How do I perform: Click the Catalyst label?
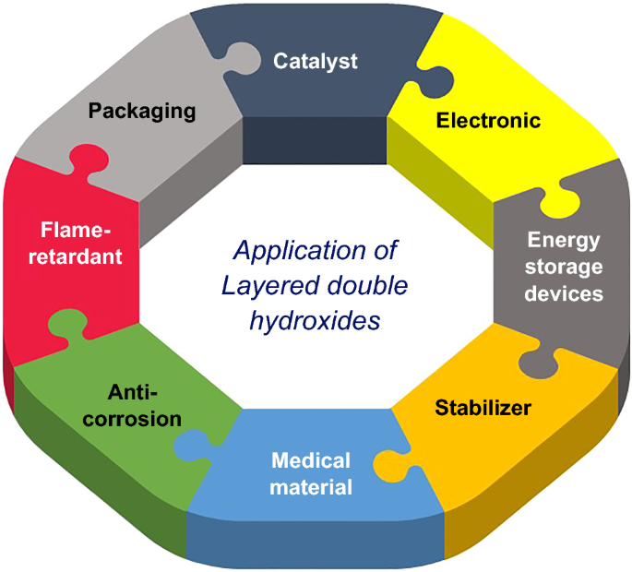tap(316, 62)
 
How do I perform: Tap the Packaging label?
tap(142, 111)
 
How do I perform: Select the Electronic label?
tap(488, 120)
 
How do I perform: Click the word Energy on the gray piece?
tap(564, 241)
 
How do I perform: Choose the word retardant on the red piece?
tap(81, 256)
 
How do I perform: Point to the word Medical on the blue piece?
tap(310, 459)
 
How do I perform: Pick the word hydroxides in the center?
tap(315, 324)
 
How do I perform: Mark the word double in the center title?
tap(368, 287)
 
